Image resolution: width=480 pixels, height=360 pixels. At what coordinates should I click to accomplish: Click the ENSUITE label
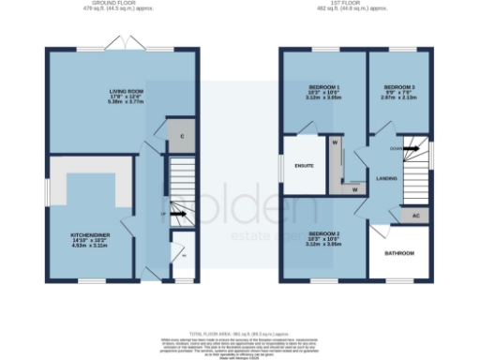(303, 167)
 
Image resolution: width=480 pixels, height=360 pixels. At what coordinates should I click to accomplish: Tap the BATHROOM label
(400, 252)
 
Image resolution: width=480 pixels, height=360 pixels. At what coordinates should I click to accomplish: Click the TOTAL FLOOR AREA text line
(240, 334)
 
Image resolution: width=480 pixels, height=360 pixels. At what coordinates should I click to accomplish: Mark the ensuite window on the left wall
(281, 167)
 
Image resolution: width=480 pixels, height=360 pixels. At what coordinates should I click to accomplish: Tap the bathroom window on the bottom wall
(400, 279)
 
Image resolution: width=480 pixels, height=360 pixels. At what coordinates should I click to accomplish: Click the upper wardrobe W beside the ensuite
(334, 143)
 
